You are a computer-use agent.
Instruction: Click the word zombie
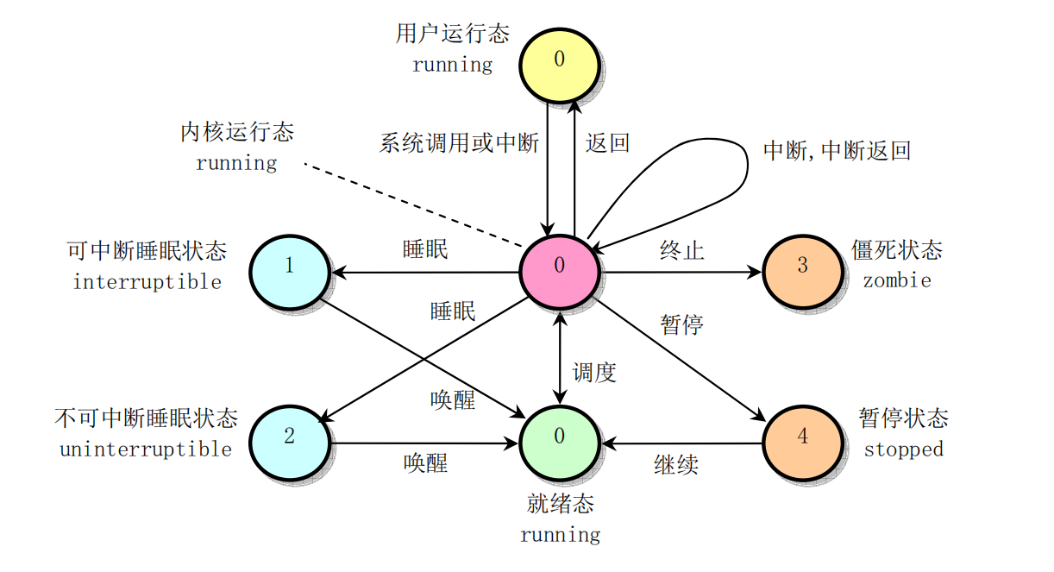pyautogui.click(x=897, y=280)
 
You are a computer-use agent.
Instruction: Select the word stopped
pyautogui.click(x=904, y=449)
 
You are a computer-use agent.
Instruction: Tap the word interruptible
pyautogui.click(x=147, y=282)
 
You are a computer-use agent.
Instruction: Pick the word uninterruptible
pyautogui.click(x=146, y=449)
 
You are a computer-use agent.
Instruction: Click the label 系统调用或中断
pyautogui.click(x=459, y=143)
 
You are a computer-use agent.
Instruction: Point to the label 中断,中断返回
pyautogui.click(x=837, y=151)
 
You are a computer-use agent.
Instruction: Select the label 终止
pyautogui.click(x=681, y=250)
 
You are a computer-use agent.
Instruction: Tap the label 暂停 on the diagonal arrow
pyautogui.click(x=681, y=324)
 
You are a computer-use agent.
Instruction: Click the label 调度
pyautogui.click(x=594, y=373)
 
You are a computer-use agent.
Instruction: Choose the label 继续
pyautogui.click(x=676, y=465)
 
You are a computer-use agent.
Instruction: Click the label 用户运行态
pyautogui.click(x=453, y=34)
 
